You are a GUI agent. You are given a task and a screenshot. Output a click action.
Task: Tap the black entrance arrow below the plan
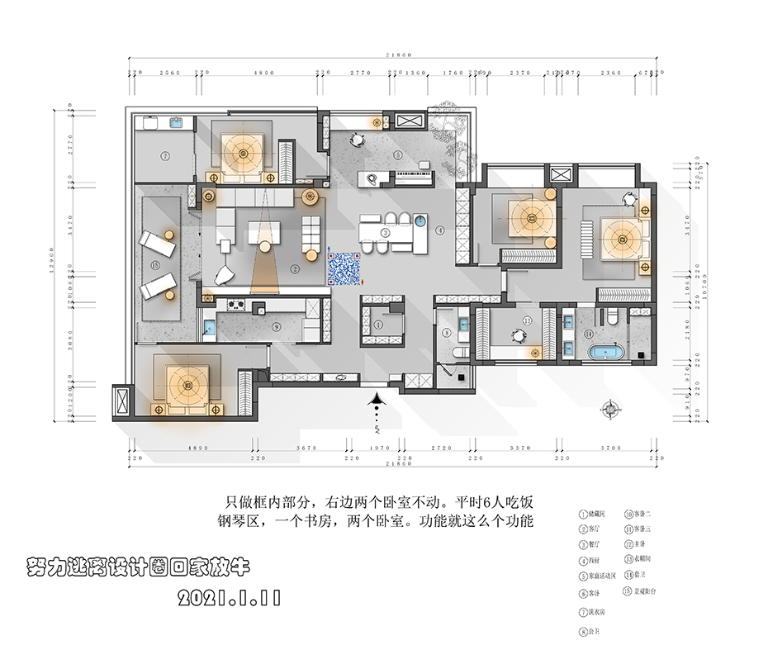click(377, 404)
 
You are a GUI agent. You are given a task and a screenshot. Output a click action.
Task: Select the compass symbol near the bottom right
click(612, 407)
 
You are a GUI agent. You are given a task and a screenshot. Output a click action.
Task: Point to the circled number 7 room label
click(165, 155)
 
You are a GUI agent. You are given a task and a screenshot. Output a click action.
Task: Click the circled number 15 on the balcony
click(154, 264)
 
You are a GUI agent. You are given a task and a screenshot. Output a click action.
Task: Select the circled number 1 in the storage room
click(378, 325)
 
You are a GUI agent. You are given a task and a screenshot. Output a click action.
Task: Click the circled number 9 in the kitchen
click(277, 326)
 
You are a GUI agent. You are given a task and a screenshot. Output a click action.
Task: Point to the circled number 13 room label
click(526, 320)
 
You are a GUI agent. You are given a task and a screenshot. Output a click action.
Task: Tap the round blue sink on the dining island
click(421, 221)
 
